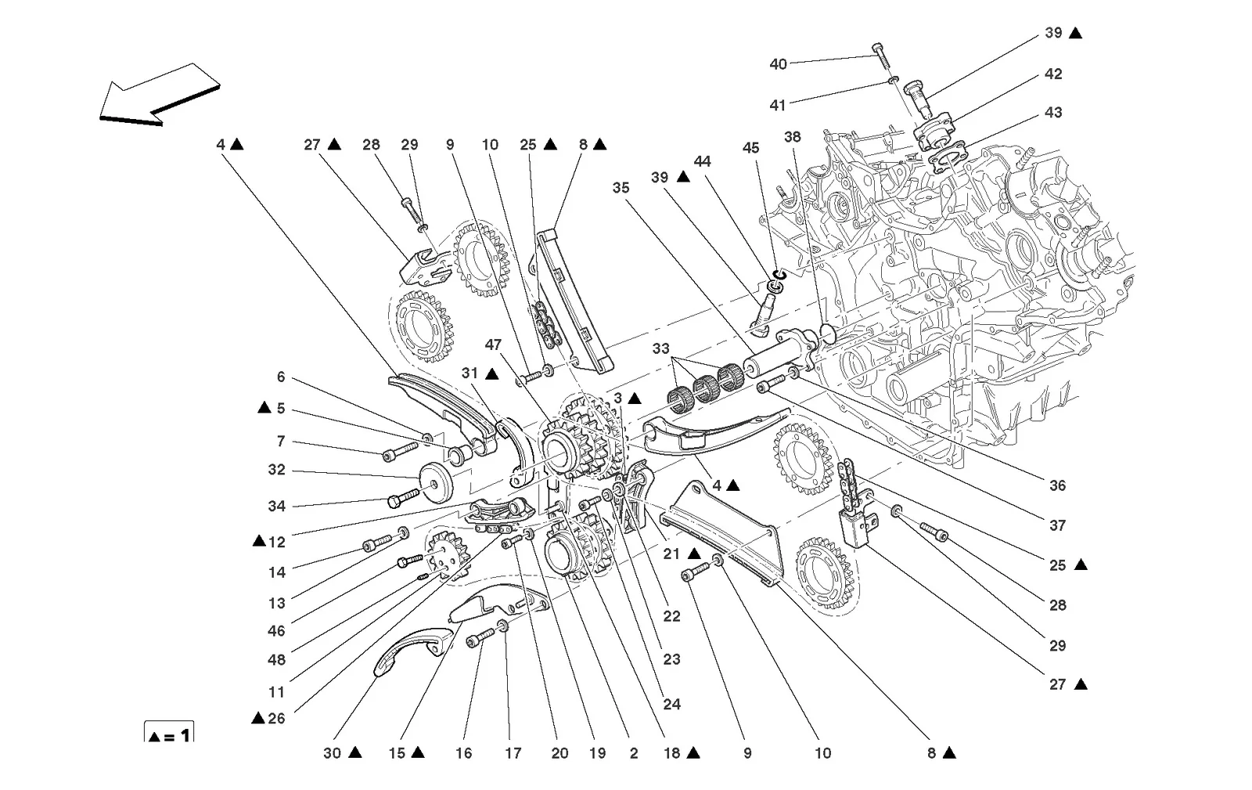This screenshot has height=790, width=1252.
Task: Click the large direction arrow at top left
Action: tap(160, 95)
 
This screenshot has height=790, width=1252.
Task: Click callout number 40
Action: tap(778, 64)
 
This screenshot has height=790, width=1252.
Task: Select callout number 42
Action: tap(1053, 74)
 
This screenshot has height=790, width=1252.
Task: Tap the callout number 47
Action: tap(493, 344)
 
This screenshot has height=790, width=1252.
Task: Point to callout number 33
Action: tap(660, 349)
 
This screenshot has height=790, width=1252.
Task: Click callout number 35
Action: tap(621, 188)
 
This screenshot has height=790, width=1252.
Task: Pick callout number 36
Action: tap(1057, 485)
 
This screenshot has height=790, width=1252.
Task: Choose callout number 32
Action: tap(277, 470)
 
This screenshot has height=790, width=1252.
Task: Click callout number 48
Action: tap(277, 660)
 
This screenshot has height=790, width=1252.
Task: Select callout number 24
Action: tap(672, 705)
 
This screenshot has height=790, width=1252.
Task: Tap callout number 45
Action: tap(750, 148)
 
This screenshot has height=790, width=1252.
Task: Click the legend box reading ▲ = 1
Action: tap(169, 732)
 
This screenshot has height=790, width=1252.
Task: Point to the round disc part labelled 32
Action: tap(436, 484)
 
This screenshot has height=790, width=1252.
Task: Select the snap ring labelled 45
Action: tap(779, 275)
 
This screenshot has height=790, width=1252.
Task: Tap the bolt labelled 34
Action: tap(404, 498)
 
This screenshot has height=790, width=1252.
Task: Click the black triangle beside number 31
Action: tap(492, 373)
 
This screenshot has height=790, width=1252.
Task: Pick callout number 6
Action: tap(281, 377)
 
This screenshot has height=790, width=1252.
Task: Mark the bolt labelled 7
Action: tap(400, 452)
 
